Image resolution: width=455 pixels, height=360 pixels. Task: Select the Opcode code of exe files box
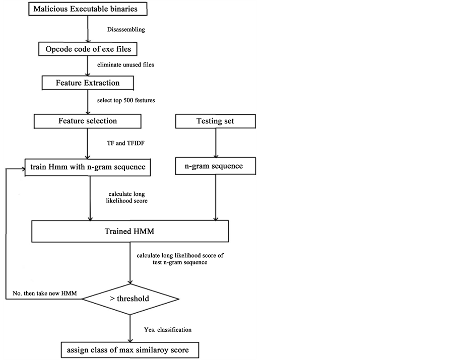pyautogui.click(x=88, y=49)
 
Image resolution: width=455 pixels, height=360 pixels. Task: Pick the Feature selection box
pyautogui.click(x=88, y=121)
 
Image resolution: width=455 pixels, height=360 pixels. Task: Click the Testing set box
pyautogui.click(x=215, y=121)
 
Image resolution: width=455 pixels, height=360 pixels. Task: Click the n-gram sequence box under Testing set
pyautogui.click(x=215, y=166)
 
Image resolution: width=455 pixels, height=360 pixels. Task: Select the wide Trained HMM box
pyautogui.click(x=130, y=233)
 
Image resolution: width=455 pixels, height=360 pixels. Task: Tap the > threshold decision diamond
pyautogui.click(x=130, y=299)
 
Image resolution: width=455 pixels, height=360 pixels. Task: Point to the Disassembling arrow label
pyautogui.click(x=126, y=30)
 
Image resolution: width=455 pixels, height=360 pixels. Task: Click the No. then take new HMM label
pyautogui.click(x=41, y=294)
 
